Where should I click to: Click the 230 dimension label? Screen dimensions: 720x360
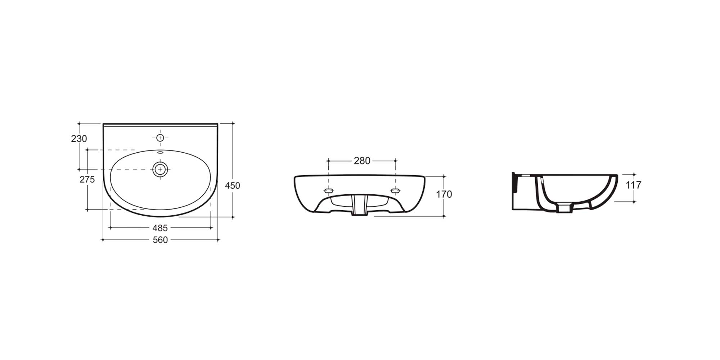79,139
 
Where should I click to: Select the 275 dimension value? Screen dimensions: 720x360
87,179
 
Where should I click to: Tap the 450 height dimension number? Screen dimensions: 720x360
233,185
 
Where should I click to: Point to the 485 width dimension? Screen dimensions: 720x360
160,228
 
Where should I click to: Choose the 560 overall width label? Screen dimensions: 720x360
160,240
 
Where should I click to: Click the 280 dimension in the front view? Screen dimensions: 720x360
362,161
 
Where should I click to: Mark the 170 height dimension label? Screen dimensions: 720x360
444,194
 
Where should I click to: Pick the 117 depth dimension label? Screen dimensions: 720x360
634,185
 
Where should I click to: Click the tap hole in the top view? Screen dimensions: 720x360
160,138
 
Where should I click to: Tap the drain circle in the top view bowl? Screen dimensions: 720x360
160,169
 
